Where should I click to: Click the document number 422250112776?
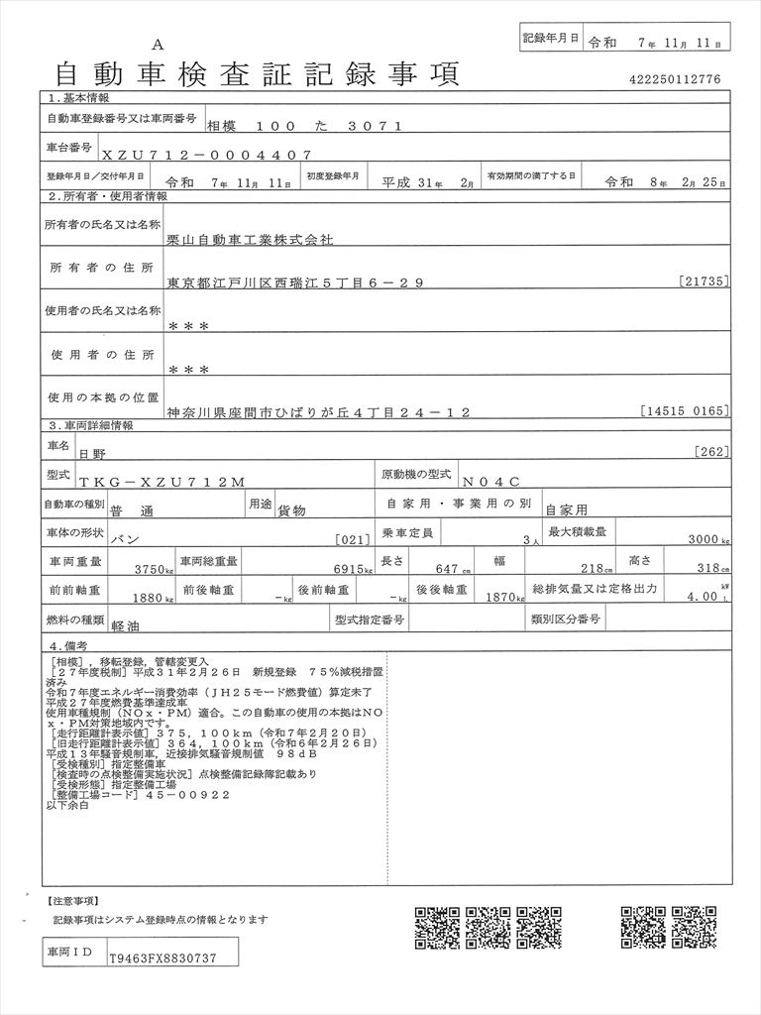pyautogui.click(x=674, y=79)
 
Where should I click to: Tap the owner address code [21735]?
pyautogui.click(x=705, y=282)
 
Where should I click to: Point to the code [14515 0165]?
pyautogui.click(x=685, y=410)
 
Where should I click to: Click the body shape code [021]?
pyautogui.click(x=353, y=539)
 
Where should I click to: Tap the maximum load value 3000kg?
pyautogui.click(x=708, y=539)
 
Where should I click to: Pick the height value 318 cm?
pyautogui.click(x=708, y=569)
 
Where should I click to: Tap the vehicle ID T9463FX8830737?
pyautogui.click(x=161, y=959)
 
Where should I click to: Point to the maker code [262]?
pyautogui.click(x=713, y=452)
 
